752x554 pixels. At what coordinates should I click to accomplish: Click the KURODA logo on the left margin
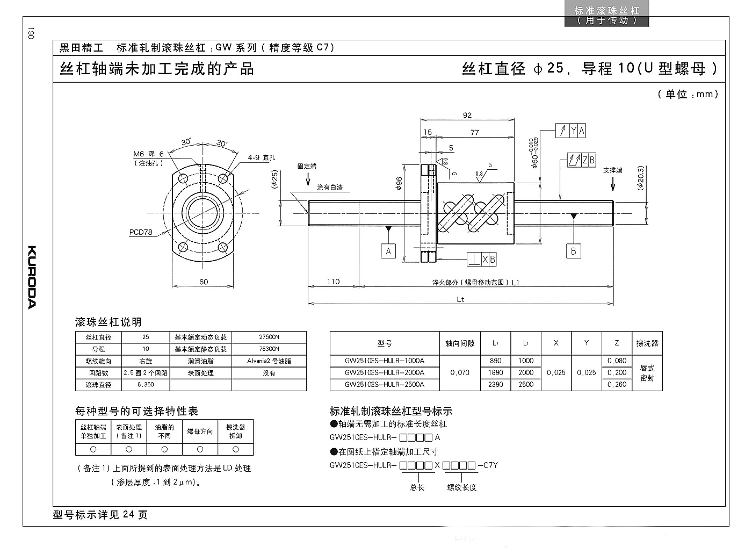tap(32, 277)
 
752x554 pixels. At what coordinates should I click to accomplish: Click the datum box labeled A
tap(388, 251)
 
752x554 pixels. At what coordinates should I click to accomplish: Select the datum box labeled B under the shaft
tap(574, 251)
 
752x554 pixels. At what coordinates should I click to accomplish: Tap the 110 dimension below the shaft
tap(334, 282)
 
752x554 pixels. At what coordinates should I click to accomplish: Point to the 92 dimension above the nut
tap(467, 115)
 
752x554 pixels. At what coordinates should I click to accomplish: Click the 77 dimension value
tap(475, 132)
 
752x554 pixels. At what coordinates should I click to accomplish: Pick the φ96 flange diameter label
tap(399, 184)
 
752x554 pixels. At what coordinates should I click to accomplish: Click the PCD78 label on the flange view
tap(141, 232)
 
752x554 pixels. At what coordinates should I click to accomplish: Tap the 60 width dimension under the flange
tap(204, 282)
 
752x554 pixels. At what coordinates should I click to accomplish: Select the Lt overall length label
tap(461, 299)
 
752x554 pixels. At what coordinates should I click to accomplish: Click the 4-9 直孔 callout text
tap(262, 157)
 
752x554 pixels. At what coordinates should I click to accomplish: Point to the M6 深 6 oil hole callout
tap(148, 154)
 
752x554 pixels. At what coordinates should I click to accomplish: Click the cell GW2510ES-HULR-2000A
tap(385, 372)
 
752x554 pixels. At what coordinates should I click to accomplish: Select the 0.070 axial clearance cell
tap(460, 372)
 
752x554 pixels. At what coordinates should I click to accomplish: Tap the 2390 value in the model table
tap(495, 384)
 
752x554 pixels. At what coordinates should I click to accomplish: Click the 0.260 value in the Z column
tap(617, 384)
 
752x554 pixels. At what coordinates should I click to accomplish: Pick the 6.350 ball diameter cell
tap(146, 384)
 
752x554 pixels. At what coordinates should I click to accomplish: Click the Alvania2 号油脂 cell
tap(269, 361)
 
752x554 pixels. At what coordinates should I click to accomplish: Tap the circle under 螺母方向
tap(200, 449)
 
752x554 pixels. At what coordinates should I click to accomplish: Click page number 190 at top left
tap(31, 33)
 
